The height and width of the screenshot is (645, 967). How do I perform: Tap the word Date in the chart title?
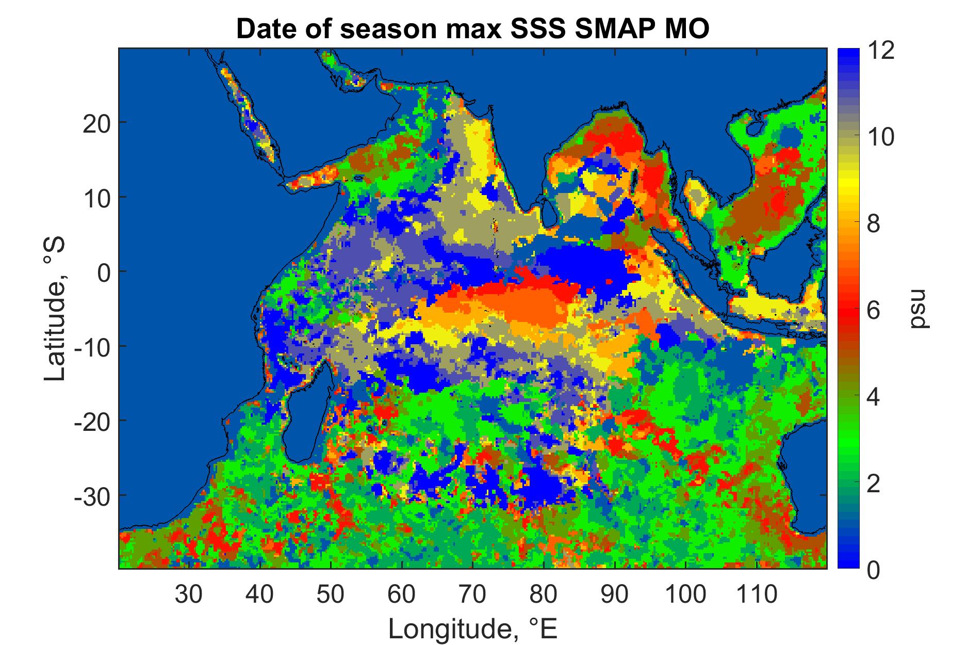point(262,29)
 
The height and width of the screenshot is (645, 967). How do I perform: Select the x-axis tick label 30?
point(189,594)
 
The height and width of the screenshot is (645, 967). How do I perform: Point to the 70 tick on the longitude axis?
point(472,594)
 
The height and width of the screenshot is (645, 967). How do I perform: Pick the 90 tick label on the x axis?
point(614,594)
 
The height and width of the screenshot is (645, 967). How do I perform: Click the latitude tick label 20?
point(97,122)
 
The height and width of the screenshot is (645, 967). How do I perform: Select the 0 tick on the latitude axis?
point(104,271)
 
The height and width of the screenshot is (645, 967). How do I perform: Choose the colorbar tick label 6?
point(874,311)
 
